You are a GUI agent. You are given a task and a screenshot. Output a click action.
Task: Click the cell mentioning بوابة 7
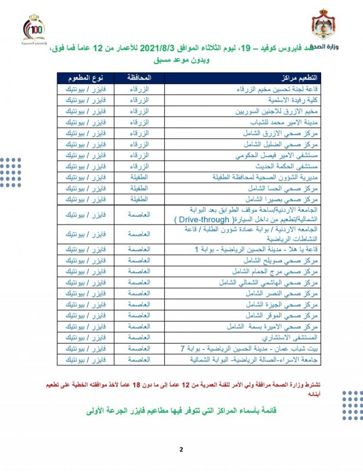[249, 349]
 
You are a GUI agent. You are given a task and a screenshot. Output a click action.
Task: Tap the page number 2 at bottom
[181, 450]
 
